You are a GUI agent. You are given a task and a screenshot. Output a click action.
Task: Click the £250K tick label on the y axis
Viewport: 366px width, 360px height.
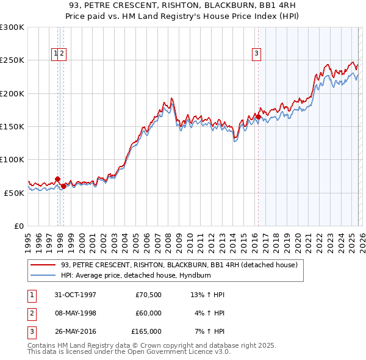(x=12, y=60)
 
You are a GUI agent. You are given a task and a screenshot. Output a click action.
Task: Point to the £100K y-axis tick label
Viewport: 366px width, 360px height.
(x=12, y=159)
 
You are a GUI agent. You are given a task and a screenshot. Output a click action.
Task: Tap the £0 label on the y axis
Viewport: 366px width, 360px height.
(x=19, y=226)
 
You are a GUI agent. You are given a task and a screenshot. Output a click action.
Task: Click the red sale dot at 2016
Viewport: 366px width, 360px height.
(x=258, y=117)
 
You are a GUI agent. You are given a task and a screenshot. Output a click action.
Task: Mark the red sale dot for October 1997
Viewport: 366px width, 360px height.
(x=58, y=179)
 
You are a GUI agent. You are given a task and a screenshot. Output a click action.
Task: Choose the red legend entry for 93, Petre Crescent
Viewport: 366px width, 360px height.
(x=179, y=265)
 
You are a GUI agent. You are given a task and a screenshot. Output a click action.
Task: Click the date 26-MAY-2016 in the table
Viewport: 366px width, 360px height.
(x=74, y=331)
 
